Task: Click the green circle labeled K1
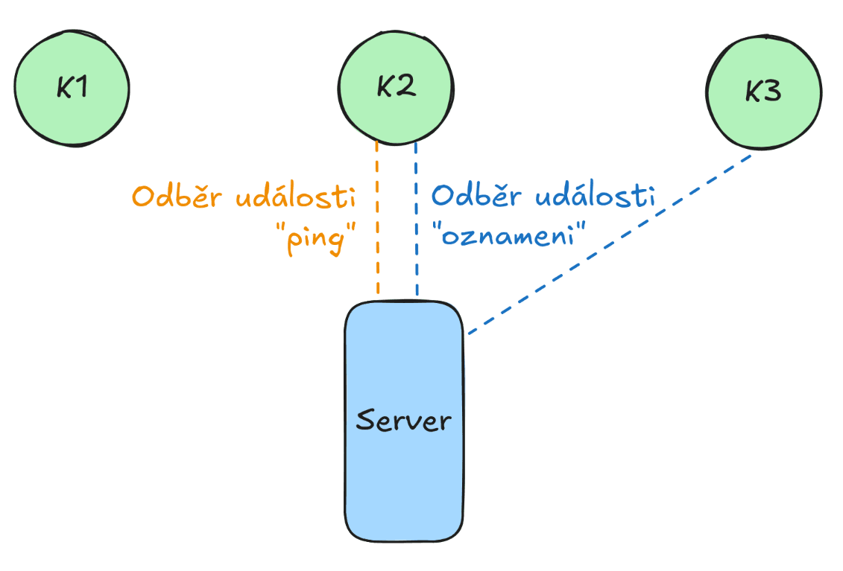(72, 88)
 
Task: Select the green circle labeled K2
(395, 87)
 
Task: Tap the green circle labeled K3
(763, 93)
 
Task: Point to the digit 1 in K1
(81, 88)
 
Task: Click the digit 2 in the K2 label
(406, 88)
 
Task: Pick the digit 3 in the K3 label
(773, 93)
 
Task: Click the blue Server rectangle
(403, 476)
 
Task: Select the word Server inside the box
(403, 421)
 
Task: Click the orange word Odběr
(178, 197)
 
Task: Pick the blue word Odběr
(478, 197)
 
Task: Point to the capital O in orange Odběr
(145, 198)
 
